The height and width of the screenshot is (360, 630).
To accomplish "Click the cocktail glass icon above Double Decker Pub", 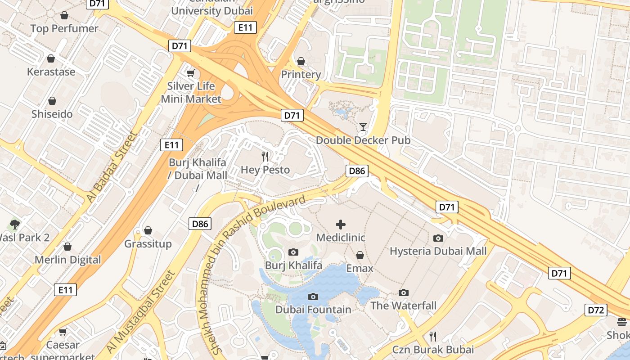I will [x=363, y=127].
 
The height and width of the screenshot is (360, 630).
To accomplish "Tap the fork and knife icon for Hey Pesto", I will [x=265, y=157].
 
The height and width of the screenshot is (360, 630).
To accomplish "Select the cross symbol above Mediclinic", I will [x=341, y=224].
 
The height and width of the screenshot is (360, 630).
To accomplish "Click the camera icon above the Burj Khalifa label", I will [x=293, y=252].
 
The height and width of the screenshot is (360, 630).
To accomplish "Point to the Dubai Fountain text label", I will [x=313, y=310].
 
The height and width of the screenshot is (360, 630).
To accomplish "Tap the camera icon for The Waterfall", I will [x=404, y=293].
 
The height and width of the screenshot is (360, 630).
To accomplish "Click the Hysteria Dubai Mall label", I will [x=438, y=251].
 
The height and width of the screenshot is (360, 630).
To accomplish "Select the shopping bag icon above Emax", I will [x=360, y=256].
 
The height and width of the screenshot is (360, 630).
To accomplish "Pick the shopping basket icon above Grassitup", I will [x=148, y=231].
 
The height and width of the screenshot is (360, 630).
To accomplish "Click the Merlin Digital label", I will [x=68, y=260].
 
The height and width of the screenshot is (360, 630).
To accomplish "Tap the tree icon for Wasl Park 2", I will [x=15, y=224].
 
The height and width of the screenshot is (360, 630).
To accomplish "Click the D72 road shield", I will [x=596, y=310].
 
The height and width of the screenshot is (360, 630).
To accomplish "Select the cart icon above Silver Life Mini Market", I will [x=191, y=73].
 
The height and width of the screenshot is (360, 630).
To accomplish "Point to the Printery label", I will [x=301, y=74].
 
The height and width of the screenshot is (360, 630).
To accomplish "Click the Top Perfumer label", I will [x=64, y=29].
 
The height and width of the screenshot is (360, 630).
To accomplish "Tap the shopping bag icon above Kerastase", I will [x=51, y=59].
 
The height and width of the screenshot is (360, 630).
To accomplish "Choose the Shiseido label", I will [x=52, y=114].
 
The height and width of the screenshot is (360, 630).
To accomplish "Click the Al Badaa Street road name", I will [x=111, y=167].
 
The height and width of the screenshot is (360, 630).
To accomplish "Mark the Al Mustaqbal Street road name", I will [x=139, y=312].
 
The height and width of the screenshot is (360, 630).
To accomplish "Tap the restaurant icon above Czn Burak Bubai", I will [x=433, y=336].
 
